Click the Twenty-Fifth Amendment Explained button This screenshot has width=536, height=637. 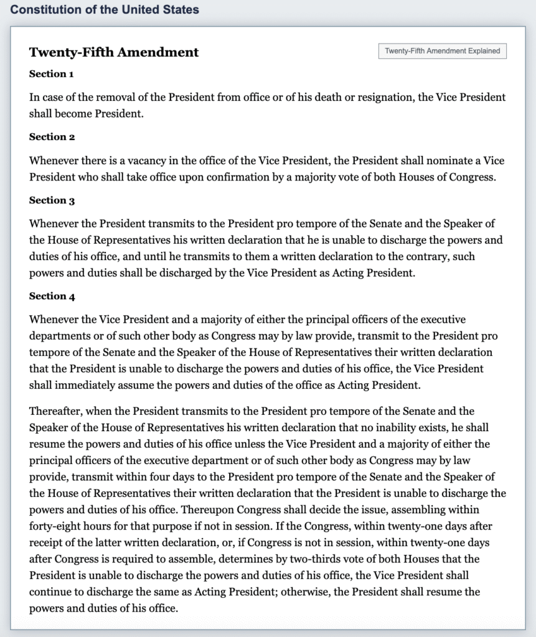443,51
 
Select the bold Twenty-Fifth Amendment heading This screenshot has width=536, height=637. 114,52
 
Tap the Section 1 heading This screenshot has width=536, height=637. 52,74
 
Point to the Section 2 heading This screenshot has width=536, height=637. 52,137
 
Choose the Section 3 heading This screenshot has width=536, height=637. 52,200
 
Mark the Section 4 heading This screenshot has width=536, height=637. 52,296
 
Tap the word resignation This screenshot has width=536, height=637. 375,98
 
